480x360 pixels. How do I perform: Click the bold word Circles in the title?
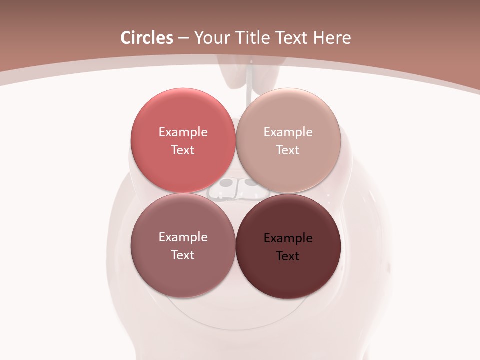click(x=146, y=38)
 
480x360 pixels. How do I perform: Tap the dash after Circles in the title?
click(x=183, y=38)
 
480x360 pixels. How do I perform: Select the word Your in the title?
click(x=211, y=38)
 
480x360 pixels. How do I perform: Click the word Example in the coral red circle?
click(x=183, y=132)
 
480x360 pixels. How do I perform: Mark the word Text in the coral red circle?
click(x=183, y=150)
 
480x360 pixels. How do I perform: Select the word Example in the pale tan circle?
click(x=288, y=132)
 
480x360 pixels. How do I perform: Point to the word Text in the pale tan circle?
click(x=288, y=150)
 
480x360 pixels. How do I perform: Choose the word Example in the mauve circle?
click(x=183, y=237)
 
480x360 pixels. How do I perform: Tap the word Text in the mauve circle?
click(x=183, y=255)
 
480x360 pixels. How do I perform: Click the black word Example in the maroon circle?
click(x=288, y=238)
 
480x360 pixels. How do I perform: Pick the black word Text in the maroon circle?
click(x=288, y=256)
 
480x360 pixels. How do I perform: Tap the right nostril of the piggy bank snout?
click(x=248, y=183)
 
